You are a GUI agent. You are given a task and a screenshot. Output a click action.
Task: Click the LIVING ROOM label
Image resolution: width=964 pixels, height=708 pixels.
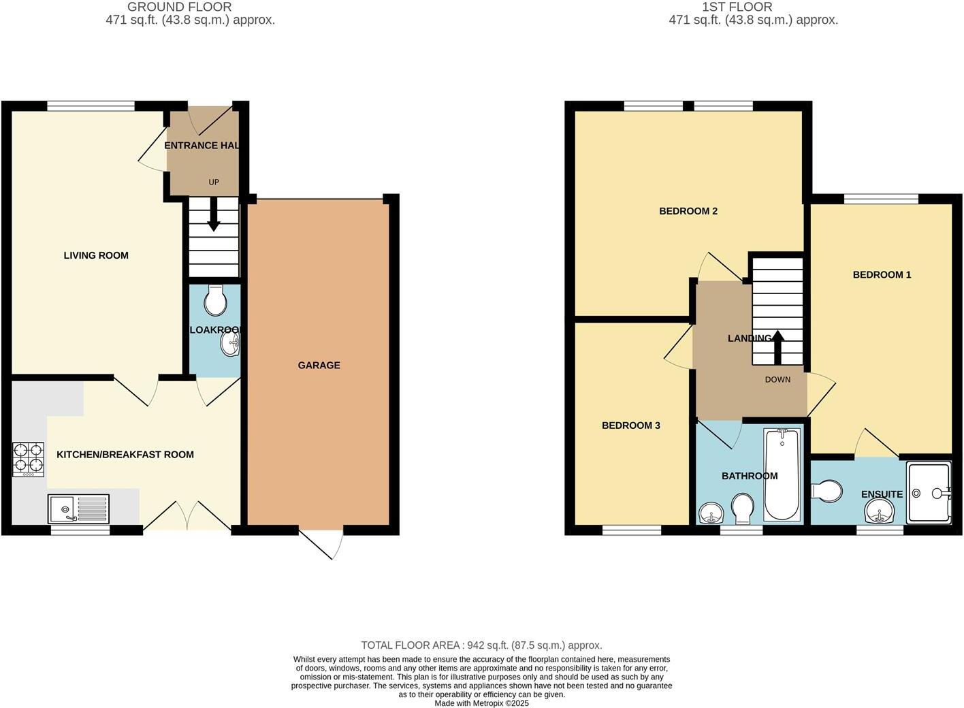pyautogui.click(x=96, y=255)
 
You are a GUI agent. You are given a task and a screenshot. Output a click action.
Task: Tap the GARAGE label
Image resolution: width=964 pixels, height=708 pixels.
pyautogui.click(x=319, y=366)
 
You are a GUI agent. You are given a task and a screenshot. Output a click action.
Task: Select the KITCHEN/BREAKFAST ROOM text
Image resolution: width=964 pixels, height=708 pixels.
pyautogui.click(x=125, y=455)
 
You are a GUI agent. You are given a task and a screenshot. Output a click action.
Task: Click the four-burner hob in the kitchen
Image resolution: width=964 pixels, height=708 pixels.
pyautogui.click(x=28, y=459)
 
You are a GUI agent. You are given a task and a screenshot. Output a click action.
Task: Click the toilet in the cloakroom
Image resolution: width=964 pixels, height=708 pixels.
pyautogui.click(x=216, y=301)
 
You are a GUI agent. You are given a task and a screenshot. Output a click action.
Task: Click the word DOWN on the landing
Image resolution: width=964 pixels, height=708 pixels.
pyautogui.click(x=777, y=380)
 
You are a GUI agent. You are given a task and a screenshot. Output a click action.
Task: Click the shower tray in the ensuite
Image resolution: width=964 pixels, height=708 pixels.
pyautogui.click(x=928, y=493)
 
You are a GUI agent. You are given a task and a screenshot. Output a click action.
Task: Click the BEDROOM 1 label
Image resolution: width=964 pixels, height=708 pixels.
pyautogui.click(x=882, y=275)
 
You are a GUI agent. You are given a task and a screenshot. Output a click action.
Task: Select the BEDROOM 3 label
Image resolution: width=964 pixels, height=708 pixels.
pyautogui.click(x=630, y=425)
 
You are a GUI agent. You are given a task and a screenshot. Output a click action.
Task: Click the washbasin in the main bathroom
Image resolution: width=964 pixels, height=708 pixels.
pyautogui.click(x=711, y=513)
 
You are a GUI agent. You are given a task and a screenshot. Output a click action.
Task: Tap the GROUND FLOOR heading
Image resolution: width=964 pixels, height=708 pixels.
pyautogui.click(x=180, y=7)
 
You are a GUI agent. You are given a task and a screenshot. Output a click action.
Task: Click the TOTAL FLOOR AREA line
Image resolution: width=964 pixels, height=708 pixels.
pyautogui.click(x=481, y=645)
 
